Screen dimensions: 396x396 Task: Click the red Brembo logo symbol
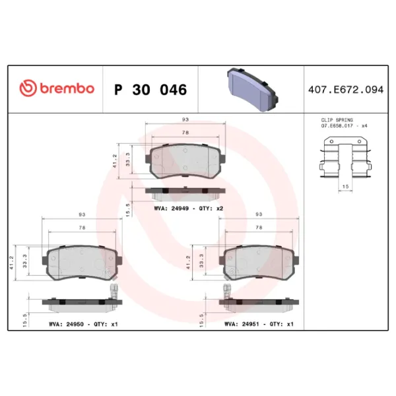click(28, 88)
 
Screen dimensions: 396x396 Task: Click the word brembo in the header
click(67, 88)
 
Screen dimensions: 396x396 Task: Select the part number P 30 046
click(150, 90)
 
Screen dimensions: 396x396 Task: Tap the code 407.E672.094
click(346, 90)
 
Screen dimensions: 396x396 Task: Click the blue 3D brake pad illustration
click(253, 89)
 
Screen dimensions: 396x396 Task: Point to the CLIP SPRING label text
click(337, 120)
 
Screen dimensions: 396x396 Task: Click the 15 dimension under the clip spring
click(345, 186)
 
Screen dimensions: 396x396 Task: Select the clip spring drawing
click(345, 157)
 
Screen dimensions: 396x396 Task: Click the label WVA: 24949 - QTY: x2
click(189, 209)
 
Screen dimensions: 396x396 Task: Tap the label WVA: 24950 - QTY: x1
click(83, 324)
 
